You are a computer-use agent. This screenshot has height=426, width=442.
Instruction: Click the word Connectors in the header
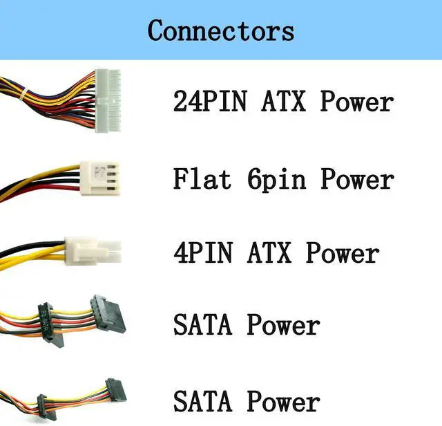pyautogui.click(x=220, y=31)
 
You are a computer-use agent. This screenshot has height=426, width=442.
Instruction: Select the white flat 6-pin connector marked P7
pyautogui.click(x=102, y=178)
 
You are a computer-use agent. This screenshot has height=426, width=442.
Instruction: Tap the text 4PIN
pyautogui.click(x=204, y=252)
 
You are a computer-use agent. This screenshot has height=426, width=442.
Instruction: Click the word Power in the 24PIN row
pyautogui.click(x=357, y=102)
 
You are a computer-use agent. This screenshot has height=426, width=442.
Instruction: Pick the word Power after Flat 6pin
pyautogui.click(x=357, y=179)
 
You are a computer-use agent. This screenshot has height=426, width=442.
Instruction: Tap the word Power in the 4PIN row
pyautogui.click(x=343, y=252)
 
